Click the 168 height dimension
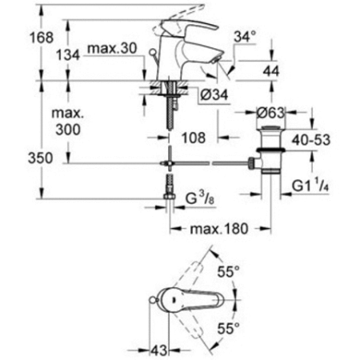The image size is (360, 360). pyautogui.click(x=18, y=37)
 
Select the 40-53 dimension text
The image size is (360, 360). pyautogui.click(x=311, y=139)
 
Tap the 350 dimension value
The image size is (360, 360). pyautogui.click(x=18, y=158)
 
